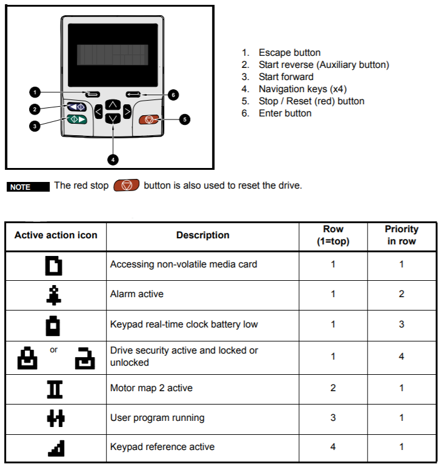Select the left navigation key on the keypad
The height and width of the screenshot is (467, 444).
pyautogui.click(x=99, y=112)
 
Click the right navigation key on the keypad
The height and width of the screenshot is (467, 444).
pyautogui.click(x=127, y=112)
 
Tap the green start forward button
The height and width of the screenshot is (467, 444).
pyautogui.click(x=77, y=119)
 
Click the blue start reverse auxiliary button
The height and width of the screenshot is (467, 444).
pyautogui.click(x=77, y=107)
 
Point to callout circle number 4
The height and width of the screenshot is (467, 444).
pyautogui.click(x=113, y=160)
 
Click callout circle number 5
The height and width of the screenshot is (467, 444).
pyautogui.click(x=185, y=119)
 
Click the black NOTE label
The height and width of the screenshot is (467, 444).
pyautogui.click(x=28, y=187)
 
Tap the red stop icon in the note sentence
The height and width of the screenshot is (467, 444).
pyautogui.click(x=127, y=185)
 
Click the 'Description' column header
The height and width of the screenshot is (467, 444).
pyautogui.click(x=202, y=235)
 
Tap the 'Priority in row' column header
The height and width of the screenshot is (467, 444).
pyautogui.click(x=401, y=235)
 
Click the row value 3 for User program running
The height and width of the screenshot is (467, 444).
pyautogui.click(x=333, y=418)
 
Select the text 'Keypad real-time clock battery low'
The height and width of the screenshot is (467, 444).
pyautogui.click(x=184, y=324)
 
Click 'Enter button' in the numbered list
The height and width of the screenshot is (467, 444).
pyautogui.click(x=285, y=113)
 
